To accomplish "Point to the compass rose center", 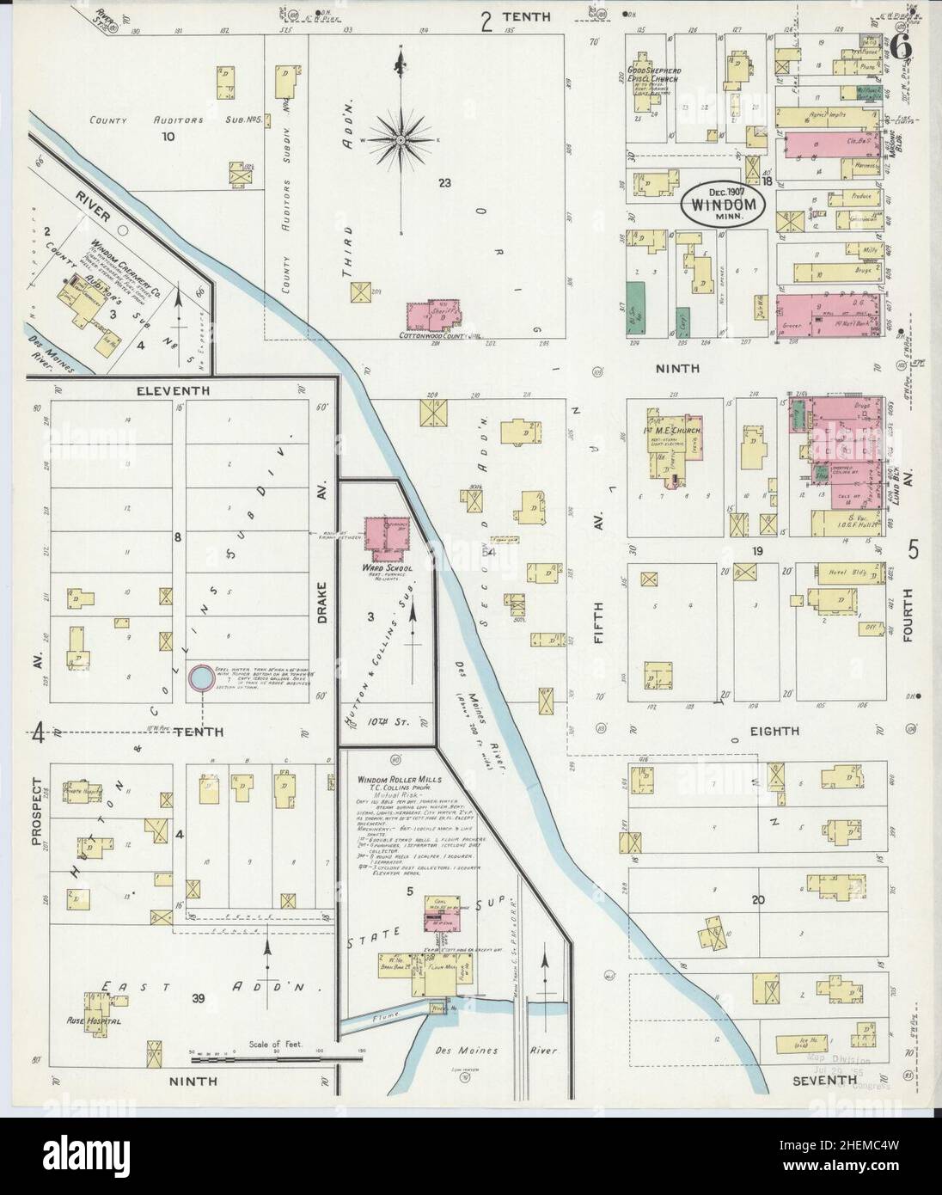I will pyautogui.click(x=401, y=138).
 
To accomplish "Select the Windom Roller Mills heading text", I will pyautogui.click(x=401, y=779).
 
